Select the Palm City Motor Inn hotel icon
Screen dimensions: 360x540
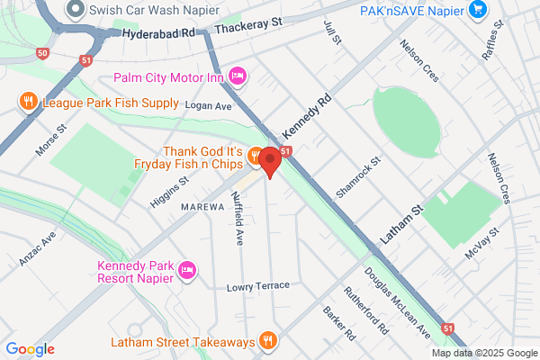[x=238, y=75]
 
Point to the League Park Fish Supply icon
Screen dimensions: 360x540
[x=29, y=103]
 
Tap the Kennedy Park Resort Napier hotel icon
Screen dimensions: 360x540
[x=187, y=269]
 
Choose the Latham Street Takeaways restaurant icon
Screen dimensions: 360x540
[x=267, y=340]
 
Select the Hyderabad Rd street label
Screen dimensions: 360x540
[x=157, y=32]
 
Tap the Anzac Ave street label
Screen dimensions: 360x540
[x=38, y=249]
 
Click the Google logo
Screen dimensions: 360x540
[x=30, y=349]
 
